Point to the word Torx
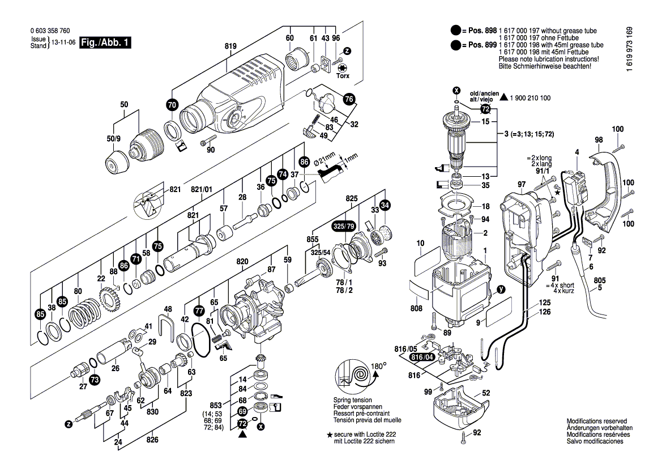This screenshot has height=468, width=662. [x=343, y=75]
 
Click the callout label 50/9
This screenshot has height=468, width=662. [x=114, y=139]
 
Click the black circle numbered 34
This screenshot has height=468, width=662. [x=385, y=205]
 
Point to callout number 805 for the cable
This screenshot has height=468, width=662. [x=600, y=280]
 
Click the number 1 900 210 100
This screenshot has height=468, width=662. [x=530, y=98]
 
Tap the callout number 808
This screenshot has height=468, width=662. [x=416, y=309]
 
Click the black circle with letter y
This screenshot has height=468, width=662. [x=500, y=290]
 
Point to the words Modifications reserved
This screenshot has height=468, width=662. [x=596, y=422]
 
